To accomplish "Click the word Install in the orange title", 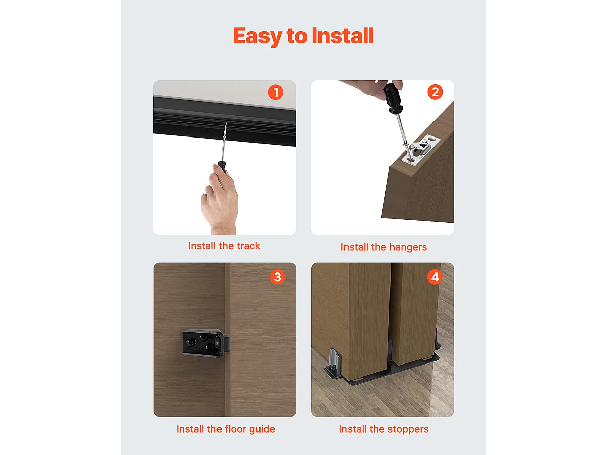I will [x=342, y=36].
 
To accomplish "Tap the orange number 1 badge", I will [x=275, y=93].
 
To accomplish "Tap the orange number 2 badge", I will [x=435, y=92].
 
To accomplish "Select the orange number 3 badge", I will [x=277, y=277].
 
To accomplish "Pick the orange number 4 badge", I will [x=434, y=277].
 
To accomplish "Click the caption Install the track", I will [x=224, y=246].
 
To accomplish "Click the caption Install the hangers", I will [x=383, y=247].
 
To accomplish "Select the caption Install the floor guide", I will [x=226, y=429].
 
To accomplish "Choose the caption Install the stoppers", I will [x=383, y=429].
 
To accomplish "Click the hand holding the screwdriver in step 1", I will [x=221, y=200].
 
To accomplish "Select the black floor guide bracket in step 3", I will [x=202, y=343].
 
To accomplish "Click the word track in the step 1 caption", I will [x=248, y=246].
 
